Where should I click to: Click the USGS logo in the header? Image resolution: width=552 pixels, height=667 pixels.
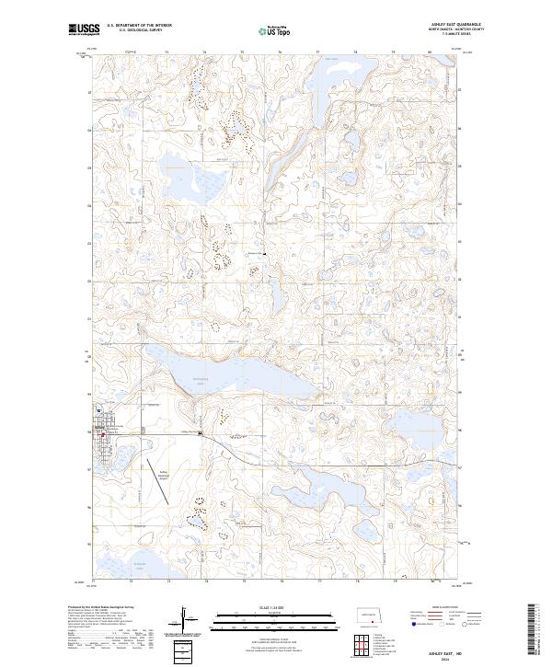click(x=82, y=29)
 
